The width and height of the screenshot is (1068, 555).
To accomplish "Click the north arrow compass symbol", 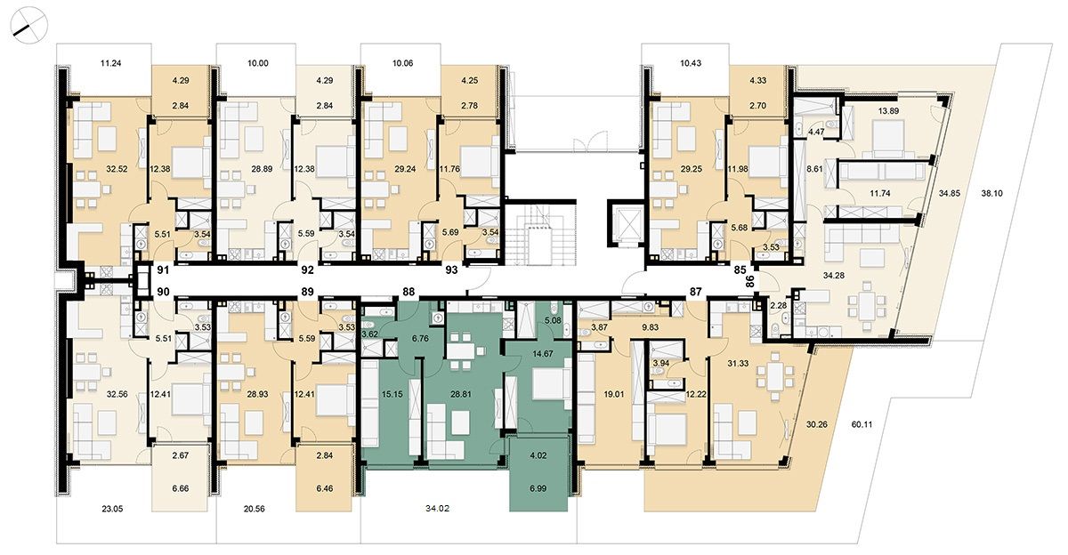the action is pyautogui.click(x=28, y=25).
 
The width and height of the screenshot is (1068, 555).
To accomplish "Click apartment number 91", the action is pyautogui.click(x=163, y=270).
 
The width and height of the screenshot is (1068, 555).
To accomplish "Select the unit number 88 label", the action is pyautogui.click(x=409, y=292).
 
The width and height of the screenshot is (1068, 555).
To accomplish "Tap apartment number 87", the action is pyautogui.click(x=696, y=292).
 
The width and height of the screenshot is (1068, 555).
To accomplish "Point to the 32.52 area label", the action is pyautogui.click(x=117, y=169).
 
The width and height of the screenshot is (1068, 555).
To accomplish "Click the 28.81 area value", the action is pyautogui.click(x=461, y=394).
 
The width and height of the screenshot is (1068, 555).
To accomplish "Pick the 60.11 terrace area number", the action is pyautogui.click(x=862, y=424).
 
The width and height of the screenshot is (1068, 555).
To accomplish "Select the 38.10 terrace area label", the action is pyautogui.click(x=991, y=193).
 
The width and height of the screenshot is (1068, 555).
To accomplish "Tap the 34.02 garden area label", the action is pyautogui.click(x=437, y=509).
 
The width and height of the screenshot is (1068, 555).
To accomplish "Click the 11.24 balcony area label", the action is pyautogui.click(x=110, y=63).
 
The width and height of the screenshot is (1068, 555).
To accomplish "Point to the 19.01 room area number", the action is pyautogui.click(x=613, y=394).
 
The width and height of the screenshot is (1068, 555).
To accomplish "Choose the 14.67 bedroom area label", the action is pyautogui.click(x=543, y=353).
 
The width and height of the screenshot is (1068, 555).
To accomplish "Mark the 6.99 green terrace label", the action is pyautogui.click(x=538, y=489).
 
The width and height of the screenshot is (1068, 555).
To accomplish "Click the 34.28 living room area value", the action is pyautogui.click(x=834, y=275).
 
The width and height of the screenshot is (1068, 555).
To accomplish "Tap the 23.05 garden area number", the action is pyautogui.click(x=112, y=509).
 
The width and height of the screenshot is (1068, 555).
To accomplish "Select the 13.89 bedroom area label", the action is pyautogui.click(x=888, y=111).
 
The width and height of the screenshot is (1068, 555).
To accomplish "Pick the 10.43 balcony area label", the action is pyautogui.click(x=691, y=63).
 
